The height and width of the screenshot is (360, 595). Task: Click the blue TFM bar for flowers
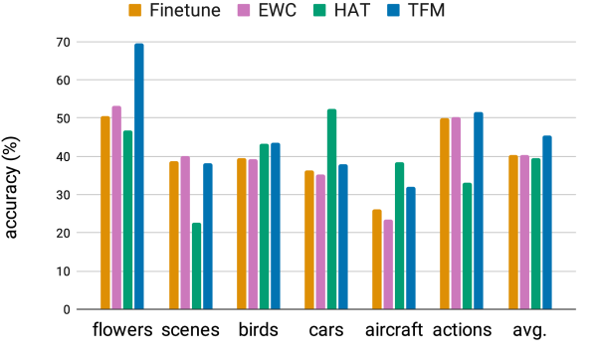[x=139, y=177]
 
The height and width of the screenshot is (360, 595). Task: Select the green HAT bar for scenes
[x=196, y=267]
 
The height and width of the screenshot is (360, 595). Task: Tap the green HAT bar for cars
[x=331, y=210]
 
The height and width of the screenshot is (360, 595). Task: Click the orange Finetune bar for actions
[x=445, y=214]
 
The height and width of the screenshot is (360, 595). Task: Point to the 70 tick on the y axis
[x=66, y=42]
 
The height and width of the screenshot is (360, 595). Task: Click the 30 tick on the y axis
[x=66, y=195]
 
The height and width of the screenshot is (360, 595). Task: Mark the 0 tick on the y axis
[x=70, y=309]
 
